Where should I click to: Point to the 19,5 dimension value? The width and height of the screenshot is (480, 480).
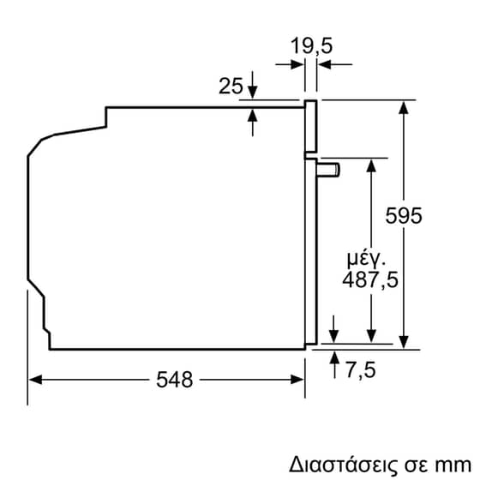[310, 45]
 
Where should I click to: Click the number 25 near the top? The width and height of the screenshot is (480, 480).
[230, 86]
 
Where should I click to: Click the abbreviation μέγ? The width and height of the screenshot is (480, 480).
[367, 258]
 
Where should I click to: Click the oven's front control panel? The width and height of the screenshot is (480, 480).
[311, 127]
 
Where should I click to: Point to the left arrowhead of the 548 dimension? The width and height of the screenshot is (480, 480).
[34, 378]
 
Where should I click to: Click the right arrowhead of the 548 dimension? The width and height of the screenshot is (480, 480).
[300, 378]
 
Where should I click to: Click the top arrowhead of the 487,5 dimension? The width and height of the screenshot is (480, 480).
[371, 163]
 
